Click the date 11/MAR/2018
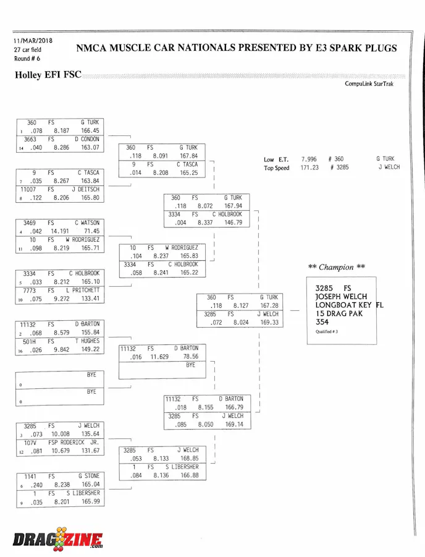click(33, 41)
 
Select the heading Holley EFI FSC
click(48, 76)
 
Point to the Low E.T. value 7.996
click(309, 159)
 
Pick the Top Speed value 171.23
click(309, 168)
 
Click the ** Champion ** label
click(336, 267)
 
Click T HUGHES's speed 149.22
click(90, 349)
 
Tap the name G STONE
click(88, 477)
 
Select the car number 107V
click(31, 443)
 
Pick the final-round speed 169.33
click(269, 322)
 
